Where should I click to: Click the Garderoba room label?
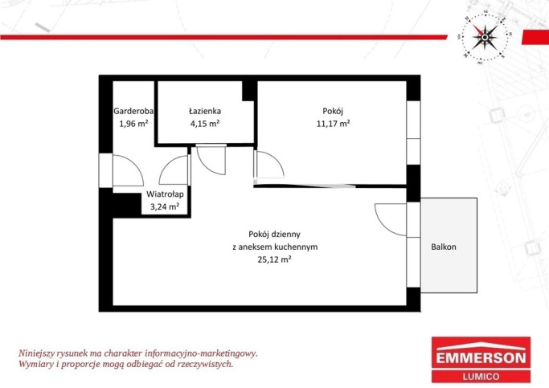(133, 111)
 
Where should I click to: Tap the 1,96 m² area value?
(133, 124)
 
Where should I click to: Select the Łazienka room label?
(205, 111)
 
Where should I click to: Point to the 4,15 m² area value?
(205, 124)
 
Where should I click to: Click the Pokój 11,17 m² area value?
(333, 124)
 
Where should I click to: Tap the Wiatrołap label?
(165, 194)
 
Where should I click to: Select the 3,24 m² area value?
(165, 206)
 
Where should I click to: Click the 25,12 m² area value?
(275, 259)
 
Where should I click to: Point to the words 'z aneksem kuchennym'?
(275, 247)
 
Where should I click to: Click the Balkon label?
(444, 247)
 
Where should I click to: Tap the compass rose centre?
(485, 37)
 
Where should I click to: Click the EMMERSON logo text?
(481, 358)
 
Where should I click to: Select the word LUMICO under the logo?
(481, 377)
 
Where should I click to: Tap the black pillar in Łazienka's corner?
(248, 91)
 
